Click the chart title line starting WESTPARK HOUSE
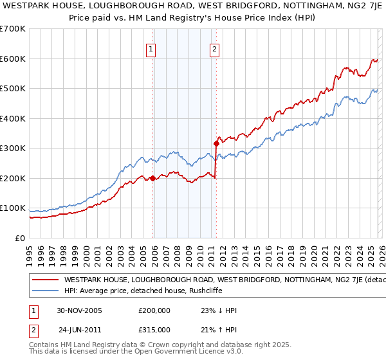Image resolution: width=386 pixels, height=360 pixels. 193,6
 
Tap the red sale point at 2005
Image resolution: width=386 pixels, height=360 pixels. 153,178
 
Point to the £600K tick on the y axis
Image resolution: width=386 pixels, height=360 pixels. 13,59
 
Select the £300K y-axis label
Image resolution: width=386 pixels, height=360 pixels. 13,148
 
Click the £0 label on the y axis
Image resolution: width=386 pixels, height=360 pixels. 19,239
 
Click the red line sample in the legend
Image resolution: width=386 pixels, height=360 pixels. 44,280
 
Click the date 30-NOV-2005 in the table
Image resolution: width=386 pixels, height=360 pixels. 80,310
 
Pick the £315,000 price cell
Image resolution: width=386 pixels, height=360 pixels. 154,329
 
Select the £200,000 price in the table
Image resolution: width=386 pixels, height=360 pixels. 154,310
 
